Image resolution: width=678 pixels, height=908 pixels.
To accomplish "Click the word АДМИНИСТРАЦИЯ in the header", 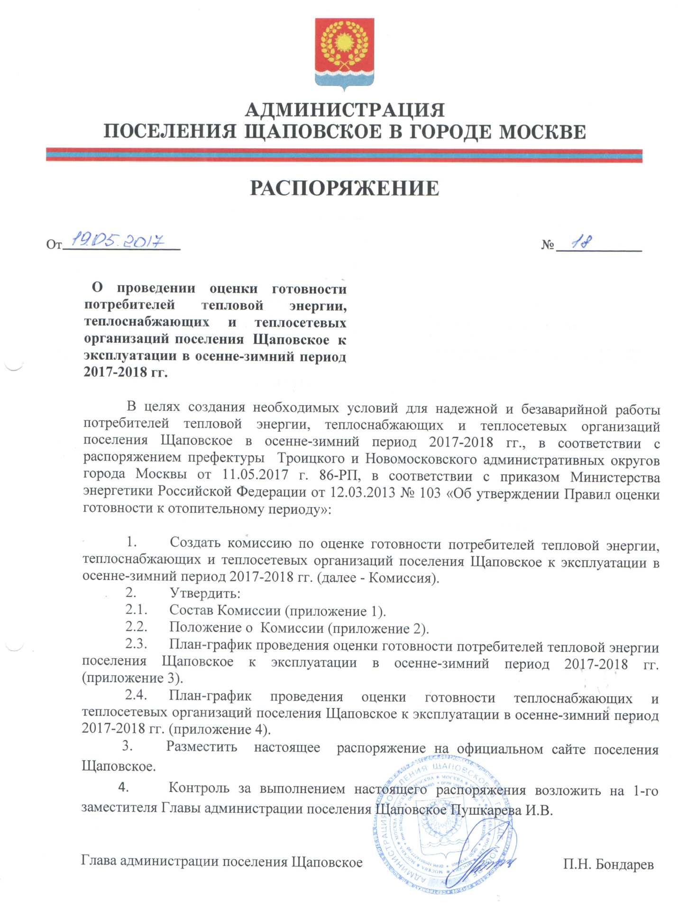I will pos(345,110).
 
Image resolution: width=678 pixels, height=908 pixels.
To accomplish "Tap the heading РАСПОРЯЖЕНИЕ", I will pos(345,188).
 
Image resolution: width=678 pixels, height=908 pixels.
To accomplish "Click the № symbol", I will pos(548,245).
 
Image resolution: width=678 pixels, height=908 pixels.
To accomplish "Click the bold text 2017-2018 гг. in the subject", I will pos(126,372).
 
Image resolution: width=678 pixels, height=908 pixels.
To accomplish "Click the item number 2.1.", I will pos(136,609).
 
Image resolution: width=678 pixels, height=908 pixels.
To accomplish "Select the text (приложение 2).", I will pos(379,628).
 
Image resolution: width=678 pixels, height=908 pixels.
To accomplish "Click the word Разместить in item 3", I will pos(202,747).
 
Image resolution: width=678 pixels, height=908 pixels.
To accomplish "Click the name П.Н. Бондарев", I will pos(608,864).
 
